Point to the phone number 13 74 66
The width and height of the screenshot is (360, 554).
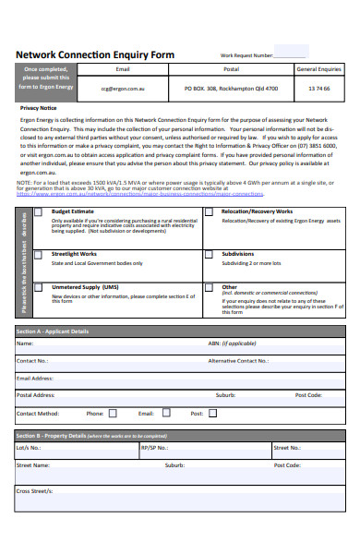318,89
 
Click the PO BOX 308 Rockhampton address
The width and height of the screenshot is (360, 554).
231,89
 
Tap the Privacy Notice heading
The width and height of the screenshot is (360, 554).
38,108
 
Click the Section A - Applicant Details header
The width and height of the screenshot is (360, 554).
53,331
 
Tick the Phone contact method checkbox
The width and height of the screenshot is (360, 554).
113,414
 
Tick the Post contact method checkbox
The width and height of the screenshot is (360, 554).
211,414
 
